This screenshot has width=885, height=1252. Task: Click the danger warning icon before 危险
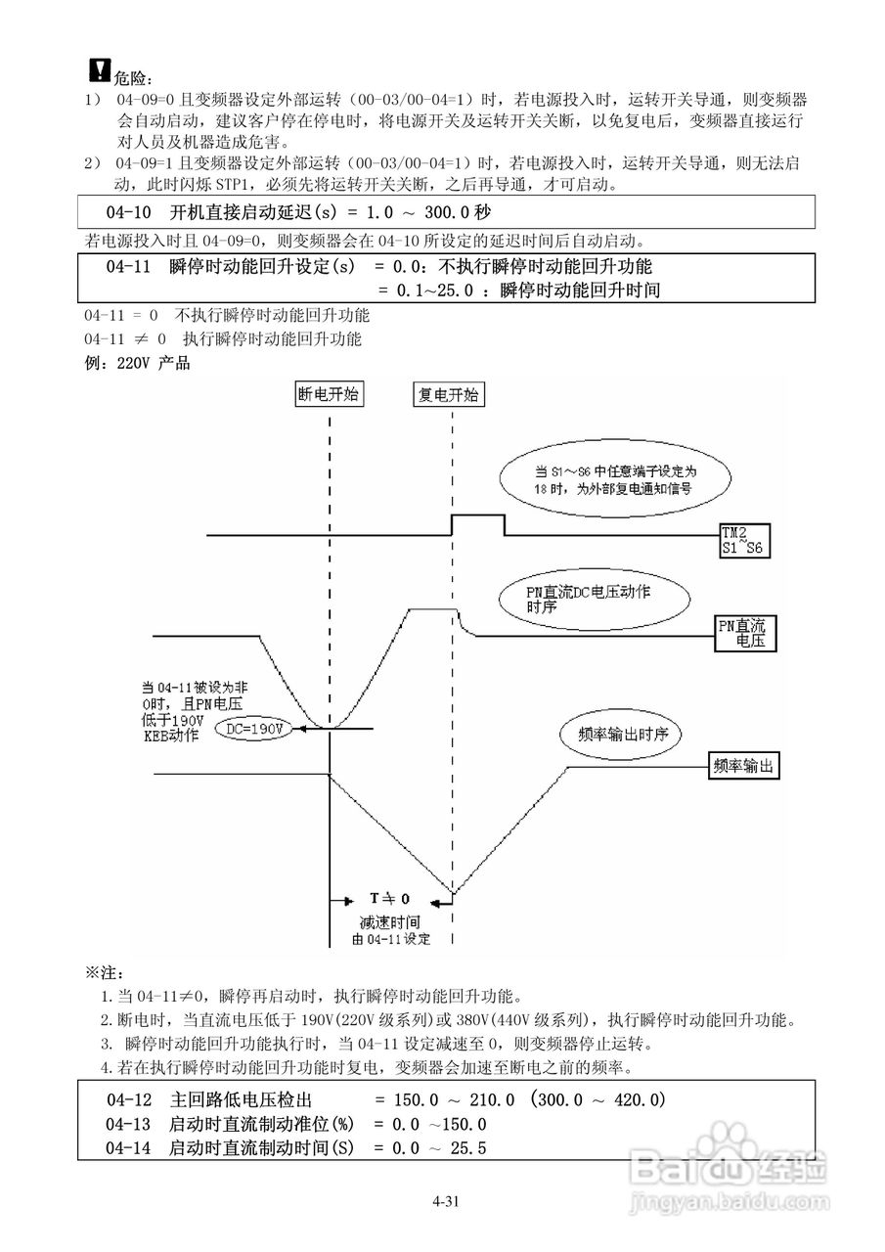pos(100,68)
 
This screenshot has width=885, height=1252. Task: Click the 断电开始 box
pos(329,393)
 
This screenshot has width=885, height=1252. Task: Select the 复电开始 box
pos(449,393)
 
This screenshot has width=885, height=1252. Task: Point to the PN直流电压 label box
pos(740,632)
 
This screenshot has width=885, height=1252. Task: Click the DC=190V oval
pos(251,730)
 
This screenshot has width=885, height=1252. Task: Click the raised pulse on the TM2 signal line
pos(477,515)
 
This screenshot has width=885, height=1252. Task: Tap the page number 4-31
pos(443,1201)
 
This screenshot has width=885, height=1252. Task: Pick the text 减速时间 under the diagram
pos(389,921)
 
